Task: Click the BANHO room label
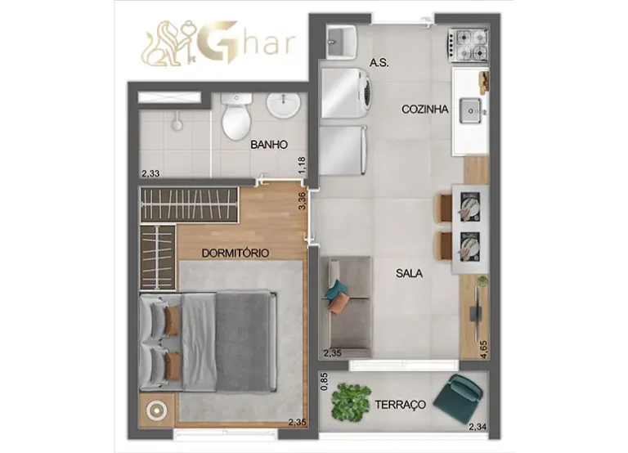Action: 269,145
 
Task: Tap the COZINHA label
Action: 424,109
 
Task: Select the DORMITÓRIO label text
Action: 235,253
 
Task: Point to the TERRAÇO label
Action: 401,405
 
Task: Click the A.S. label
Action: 378,62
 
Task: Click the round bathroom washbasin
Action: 284,106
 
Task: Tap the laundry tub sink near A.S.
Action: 339,38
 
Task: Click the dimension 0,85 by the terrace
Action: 325,381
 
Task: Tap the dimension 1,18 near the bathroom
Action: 303,166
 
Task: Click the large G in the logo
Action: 208,43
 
